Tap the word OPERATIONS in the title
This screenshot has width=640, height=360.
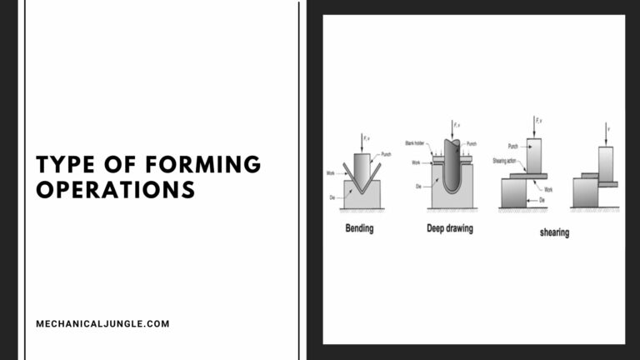click(x=116, y=189)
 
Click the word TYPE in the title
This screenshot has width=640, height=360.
click(x=66, y=163)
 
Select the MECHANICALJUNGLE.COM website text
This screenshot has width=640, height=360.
click(x=102, y=323)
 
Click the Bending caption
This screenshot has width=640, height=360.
click(x=360, y=227)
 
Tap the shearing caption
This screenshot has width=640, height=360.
click(x=554, y=232)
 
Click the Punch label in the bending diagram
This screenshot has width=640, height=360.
click(x=387, y=154)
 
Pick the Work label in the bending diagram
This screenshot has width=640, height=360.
click(x=331, y=173)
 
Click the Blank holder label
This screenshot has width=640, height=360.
click(x=415, y=143)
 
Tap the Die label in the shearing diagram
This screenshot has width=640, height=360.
click(x=542, y=200)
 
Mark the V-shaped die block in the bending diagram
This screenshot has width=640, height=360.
click(x=362, y=196)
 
